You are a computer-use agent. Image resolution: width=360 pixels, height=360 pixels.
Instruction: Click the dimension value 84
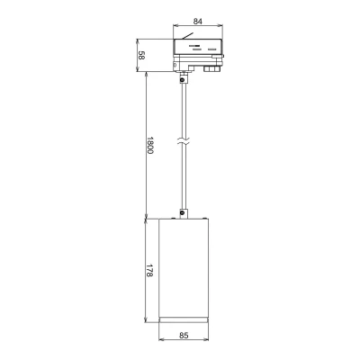[198, 22]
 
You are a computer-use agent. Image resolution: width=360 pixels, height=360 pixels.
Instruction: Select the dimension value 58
[141, 55]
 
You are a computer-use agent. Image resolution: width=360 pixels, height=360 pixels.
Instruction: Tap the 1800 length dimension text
[150, 146]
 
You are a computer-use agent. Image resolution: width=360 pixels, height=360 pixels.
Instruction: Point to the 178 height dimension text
[150, 271]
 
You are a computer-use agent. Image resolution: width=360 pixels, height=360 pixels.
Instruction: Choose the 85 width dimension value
[184, 335]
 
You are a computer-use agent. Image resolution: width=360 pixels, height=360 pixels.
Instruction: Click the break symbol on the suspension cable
[184, 142]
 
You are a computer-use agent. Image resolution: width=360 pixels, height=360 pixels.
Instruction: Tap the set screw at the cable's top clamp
[182, 80]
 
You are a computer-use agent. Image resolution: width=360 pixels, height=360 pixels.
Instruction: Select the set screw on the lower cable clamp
[182, 213]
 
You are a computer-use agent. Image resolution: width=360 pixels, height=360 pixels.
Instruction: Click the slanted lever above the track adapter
[187, 36]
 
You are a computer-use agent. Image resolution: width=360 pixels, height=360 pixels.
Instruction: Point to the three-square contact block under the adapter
[211, 69]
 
